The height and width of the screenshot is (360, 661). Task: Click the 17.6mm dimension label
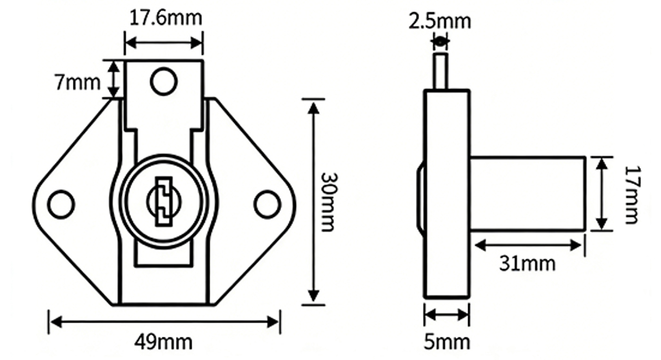click(164, 18)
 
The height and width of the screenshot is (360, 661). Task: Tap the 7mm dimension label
click(77, 83)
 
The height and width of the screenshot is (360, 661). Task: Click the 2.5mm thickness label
click(440, 21)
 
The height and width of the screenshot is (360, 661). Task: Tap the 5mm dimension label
click(447, 341)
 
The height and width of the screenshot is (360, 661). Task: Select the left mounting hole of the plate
click(61, 204)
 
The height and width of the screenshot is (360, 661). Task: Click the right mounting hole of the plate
click(266, 204)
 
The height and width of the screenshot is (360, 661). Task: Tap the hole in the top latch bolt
click(164, 81)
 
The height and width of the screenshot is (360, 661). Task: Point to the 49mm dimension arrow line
click(164, 320)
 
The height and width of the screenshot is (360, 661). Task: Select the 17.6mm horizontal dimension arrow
click(164, 43)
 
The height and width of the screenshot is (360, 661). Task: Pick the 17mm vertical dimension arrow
click(601, 193)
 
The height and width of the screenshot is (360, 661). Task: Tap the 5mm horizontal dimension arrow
click(447, 315)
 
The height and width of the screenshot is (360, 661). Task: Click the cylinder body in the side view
click(528, 193)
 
